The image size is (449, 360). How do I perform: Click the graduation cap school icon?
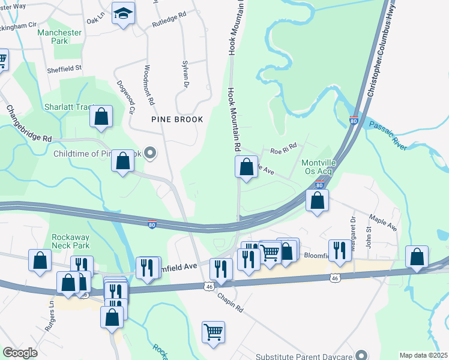coord(124,13)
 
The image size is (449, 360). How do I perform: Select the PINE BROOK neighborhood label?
coord(177,119)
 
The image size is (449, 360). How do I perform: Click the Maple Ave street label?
coord(384,224)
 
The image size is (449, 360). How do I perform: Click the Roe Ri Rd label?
coord(284,148)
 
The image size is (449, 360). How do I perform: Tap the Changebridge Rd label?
coord(29,124)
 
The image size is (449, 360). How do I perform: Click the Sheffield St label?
coord(64,70)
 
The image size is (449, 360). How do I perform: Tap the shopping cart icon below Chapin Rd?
coord(214,332)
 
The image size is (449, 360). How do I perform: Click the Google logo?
coord(20,353)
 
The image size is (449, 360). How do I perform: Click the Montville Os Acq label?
coord(317,167)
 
